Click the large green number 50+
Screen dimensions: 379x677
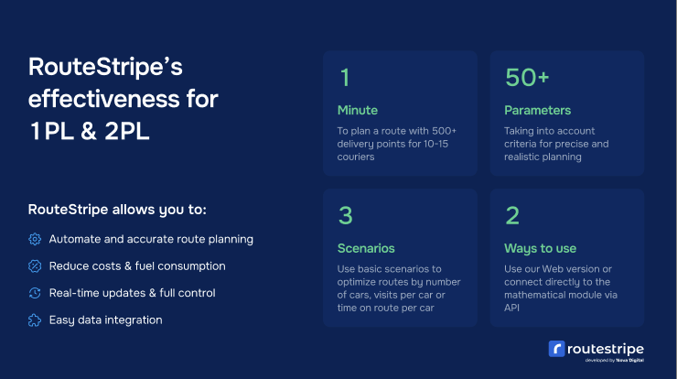coord(527,78)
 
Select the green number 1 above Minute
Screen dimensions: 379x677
coord(344,78)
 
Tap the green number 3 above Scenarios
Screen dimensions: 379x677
coord(345,215)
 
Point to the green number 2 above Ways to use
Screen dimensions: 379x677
coord(512,215)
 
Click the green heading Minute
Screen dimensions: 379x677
coord(357,110)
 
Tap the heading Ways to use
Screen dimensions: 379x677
coord(539,248)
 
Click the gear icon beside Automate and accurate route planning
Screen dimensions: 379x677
coord(35,239)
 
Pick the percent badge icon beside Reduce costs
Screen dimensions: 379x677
coord(35,266)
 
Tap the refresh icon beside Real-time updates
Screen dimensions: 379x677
coord(35,293)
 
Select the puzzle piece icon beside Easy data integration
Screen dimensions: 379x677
coord(35,320)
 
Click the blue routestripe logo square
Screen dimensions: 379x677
coord(555,349)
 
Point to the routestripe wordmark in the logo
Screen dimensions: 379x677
coord(604,348)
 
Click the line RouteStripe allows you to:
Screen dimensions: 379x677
coord(117,210)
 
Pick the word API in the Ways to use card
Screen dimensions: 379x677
coord(512,307)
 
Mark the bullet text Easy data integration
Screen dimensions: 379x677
coord(105,320)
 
